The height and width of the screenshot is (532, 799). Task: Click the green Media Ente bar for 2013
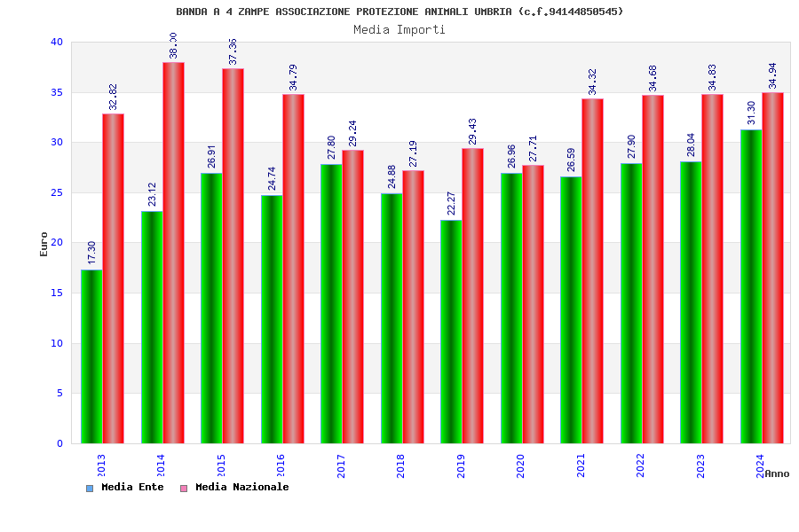(x=91, y=356)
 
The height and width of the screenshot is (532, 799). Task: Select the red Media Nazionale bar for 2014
(x=173, y=253)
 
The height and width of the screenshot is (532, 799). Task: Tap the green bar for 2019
(x=451, y=332)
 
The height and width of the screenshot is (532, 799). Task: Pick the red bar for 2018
(x=413, y=307)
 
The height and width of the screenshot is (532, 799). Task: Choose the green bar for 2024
(x=751, y=286)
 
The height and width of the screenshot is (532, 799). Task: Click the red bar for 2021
(x=593, y=270)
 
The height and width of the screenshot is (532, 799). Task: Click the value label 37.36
(x=233, y=51)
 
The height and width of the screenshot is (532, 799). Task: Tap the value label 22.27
(x=452, y=204)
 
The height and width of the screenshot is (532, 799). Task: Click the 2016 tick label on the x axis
(x=281, y=465)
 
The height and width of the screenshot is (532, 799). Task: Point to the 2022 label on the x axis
(x=641, y=465)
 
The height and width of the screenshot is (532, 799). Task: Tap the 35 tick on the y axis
(x=57, y=92)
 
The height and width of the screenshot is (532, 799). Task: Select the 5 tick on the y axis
(x=59, y=393)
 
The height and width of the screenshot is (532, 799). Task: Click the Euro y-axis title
(x=44, y=244)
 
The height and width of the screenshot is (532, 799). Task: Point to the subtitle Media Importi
(x=399, y=29)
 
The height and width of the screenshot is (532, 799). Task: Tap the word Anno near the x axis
(x=777, y=473)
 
